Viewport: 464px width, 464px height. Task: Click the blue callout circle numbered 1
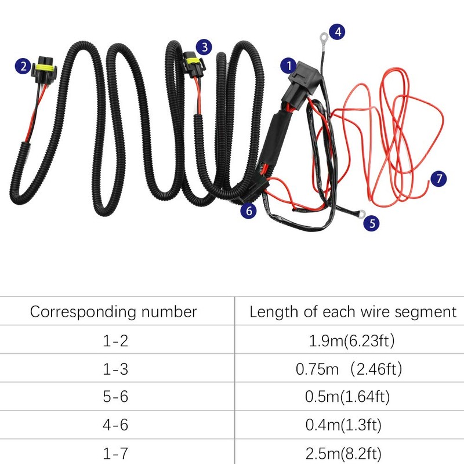[x=288, y=66]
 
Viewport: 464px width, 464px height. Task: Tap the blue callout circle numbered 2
[x=23, y=66]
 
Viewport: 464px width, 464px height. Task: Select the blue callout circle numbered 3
[x=204, y=47]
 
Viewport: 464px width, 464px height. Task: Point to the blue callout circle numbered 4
[x=338, y=32]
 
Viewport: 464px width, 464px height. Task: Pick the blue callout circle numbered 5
[x=372, y=223]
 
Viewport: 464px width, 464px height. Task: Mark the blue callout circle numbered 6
[x=249, y=211]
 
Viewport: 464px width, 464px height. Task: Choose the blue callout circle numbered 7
[x=438, y=179]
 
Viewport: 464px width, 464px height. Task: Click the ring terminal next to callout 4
[x=323, y=38]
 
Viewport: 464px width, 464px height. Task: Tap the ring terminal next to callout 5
[x=361, y=213]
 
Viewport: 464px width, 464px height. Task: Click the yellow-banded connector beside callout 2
[x=45, y=70]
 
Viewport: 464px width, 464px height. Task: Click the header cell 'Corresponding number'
[x=113, y=311]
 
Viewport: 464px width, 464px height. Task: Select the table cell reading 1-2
[x=115, y=340]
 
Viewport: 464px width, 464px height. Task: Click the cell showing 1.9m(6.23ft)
[x=351, y=340]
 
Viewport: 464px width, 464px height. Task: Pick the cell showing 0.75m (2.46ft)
[x=349, y=369]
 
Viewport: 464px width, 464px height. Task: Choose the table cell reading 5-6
[x=115, y=397]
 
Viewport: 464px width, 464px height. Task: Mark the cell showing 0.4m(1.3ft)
[x=343, y=425]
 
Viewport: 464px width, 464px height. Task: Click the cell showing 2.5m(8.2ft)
[x=343, y=453]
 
